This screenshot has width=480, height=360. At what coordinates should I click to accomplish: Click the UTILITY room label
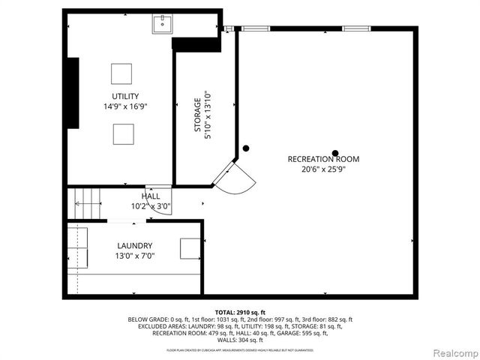[x=125, y=96]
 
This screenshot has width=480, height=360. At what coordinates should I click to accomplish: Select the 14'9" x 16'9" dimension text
[x=125, y=106]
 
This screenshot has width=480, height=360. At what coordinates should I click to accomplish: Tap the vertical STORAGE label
[x=198, y=115]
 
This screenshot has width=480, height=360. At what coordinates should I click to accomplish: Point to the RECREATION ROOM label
[x=323, y=159]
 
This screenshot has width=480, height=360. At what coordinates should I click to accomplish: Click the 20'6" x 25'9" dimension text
[x=323, y=169]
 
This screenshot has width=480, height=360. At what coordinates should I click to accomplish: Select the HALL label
[x=151, y=196]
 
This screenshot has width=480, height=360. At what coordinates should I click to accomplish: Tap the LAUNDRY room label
[x=135, y=245]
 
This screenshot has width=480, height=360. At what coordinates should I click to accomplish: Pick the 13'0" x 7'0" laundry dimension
[x=135, y=256]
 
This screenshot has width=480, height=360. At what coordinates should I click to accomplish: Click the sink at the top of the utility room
[x=161, y=24]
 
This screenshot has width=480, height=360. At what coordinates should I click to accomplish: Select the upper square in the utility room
[x=121, y=73]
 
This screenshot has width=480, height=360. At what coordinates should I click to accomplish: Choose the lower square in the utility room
[x=124, y=133]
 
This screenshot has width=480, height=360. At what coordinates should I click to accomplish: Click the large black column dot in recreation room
[x=336, y=153]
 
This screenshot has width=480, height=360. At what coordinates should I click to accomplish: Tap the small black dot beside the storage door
[x=245, y=148]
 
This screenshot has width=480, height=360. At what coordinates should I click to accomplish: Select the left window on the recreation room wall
[x=254, y=28]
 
